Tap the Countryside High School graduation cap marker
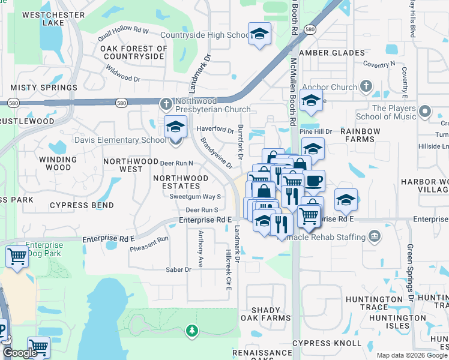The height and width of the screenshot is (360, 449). (259, 34)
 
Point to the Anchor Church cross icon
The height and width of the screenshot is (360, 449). (366, 87)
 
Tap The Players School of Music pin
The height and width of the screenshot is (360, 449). (425, 112)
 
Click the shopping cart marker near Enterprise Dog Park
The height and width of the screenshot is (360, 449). (17, 256)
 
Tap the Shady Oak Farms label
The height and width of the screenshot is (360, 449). (261, 314)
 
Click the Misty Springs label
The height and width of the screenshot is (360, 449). (44, 88)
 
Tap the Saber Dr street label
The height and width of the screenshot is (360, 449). (178, 270)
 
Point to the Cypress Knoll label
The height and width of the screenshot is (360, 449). (327, 343)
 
